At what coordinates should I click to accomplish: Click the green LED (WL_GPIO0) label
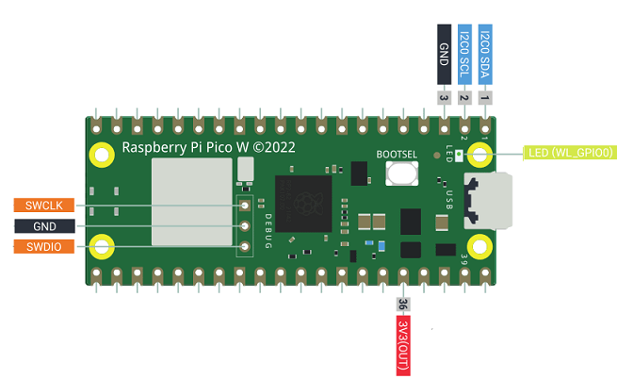pyautogui.click(x=569, y=151)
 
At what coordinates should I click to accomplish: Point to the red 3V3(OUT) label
pyautogui.click(x=402, y=344)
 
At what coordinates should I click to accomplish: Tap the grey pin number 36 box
pyautogui.click(x=402, y=305)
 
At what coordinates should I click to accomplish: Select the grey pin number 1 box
pyautogui.click(x=485, y=96)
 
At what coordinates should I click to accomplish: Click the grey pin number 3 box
pyautogui.click(x=444, y=96)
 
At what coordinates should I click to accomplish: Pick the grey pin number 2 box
pyautogui.click(x=464, y=96)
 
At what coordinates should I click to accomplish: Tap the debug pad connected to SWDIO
pyautogui.click(x=244, y=247)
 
